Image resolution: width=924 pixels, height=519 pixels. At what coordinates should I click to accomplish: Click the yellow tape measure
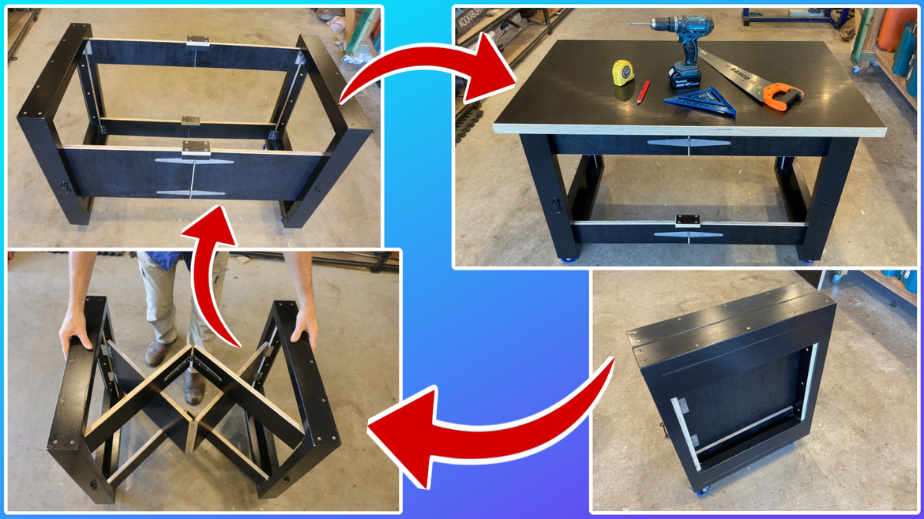(x=623, y=73)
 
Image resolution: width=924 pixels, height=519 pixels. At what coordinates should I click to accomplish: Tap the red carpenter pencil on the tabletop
(x=644, y=91)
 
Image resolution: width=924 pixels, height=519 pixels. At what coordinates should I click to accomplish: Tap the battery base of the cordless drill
(x=685, y=77)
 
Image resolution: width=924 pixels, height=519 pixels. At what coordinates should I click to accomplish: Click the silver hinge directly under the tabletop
(x=689, y=144)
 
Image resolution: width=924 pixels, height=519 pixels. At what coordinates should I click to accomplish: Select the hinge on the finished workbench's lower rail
(x=689, y=234)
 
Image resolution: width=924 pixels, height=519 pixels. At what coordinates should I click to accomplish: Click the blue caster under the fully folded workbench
(x=700, y=491)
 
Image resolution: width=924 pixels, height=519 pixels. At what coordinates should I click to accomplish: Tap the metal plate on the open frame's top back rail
(x=198, y=41)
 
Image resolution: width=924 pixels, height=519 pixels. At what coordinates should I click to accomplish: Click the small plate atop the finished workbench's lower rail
(x=689, y=220)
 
